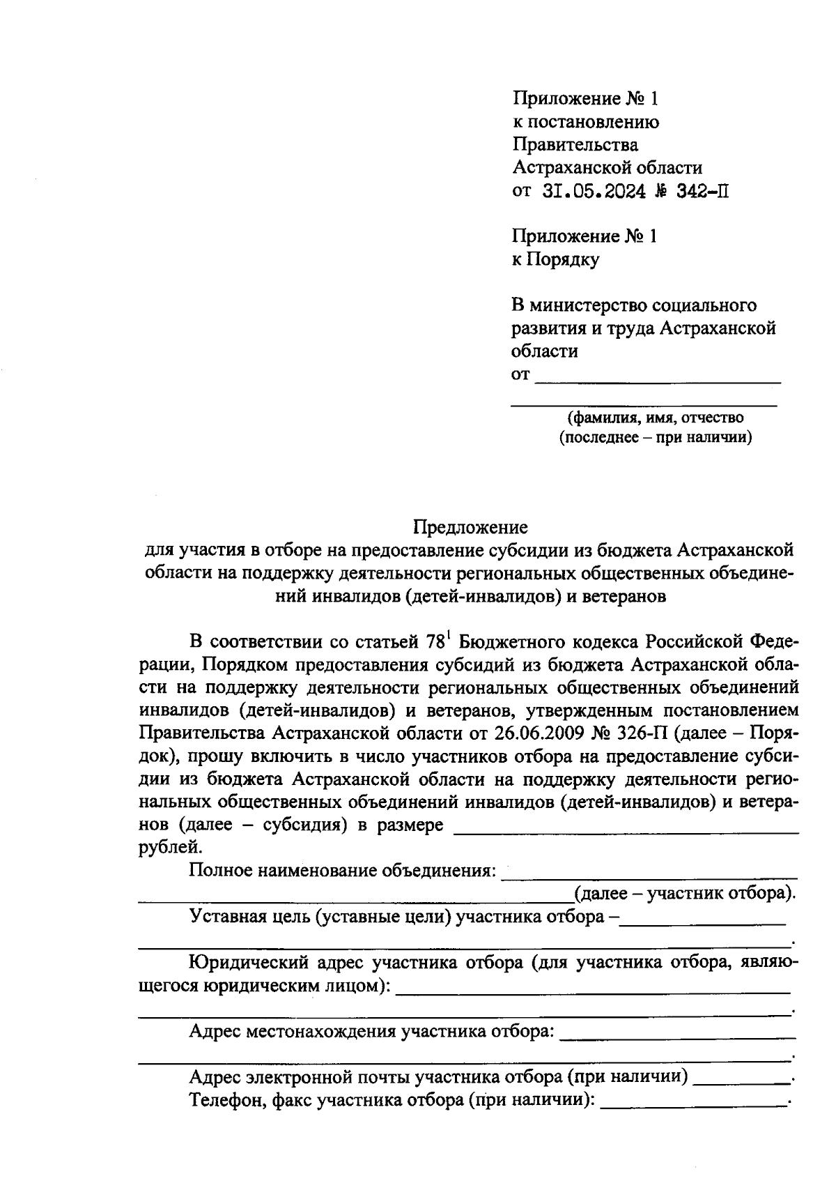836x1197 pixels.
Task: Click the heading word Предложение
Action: [x=470, y=526]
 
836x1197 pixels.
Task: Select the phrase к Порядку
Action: [x=555, y=259]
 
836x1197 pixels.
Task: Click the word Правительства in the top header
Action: [x=575, y=145]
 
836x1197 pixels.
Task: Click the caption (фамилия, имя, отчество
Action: [x=655, y=418]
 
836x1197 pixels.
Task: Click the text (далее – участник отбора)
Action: [x=685, y=894]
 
